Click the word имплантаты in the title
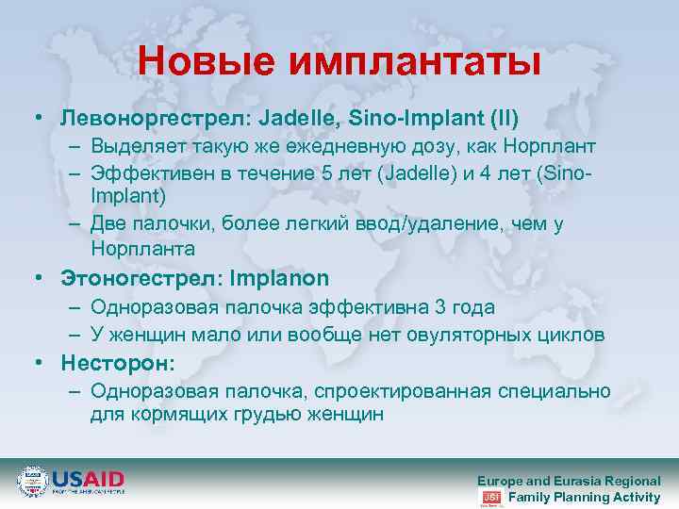pyautogui.click(x=415, y=62)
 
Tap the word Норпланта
pyautogui.click(x=142, y=249)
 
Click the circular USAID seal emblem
pyautogui.click(x=33, y=481)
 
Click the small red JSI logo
pyautogui.click(x=490, y=497)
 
